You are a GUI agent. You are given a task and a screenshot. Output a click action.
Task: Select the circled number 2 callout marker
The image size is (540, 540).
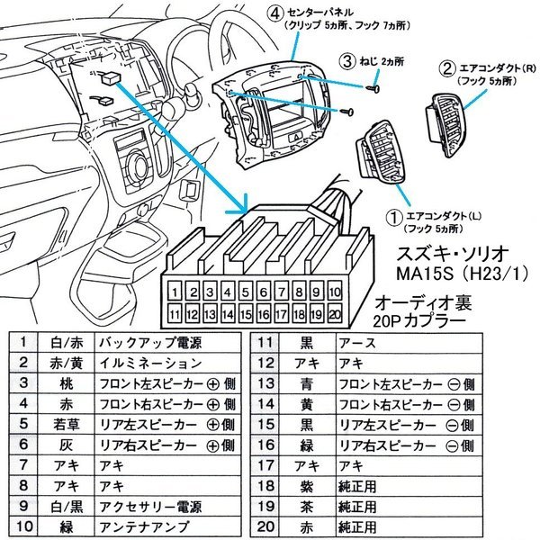(445, 67)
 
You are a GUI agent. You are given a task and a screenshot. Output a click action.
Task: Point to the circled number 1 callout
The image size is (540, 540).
(392, 217)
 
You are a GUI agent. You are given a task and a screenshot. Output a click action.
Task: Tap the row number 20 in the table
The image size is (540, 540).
(265, 526)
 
